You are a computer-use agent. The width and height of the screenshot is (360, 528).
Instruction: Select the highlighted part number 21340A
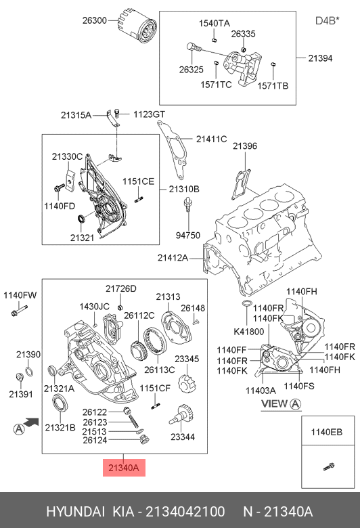[124, 468]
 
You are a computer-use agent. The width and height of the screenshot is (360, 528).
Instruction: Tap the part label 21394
[320, 58]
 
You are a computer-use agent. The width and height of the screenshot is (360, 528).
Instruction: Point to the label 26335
[243, 34]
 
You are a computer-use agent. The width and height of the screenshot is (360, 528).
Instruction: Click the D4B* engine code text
[327, 20]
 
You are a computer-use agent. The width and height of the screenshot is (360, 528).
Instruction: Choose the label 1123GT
[149, 114]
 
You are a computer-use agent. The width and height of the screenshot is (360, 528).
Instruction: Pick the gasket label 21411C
[212, 139]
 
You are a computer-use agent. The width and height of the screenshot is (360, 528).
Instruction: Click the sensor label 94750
[188, 235]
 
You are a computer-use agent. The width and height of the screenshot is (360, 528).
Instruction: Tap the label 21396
[245, 146]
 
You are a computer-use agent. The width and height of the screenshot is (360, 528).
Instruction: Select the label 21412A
[173, 258]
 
